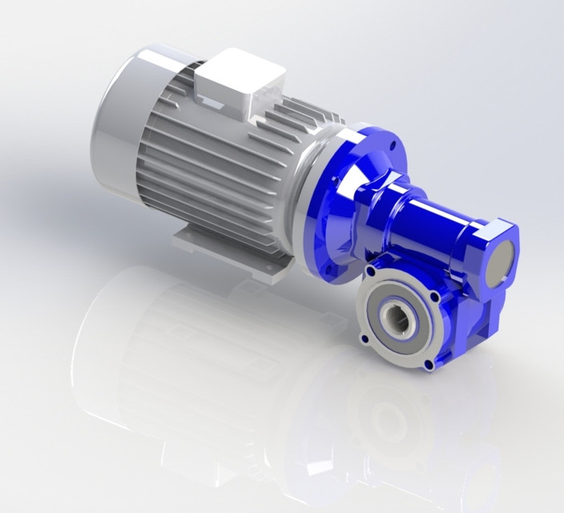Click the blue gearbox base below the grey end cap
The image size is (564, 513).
pos(481,321)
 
